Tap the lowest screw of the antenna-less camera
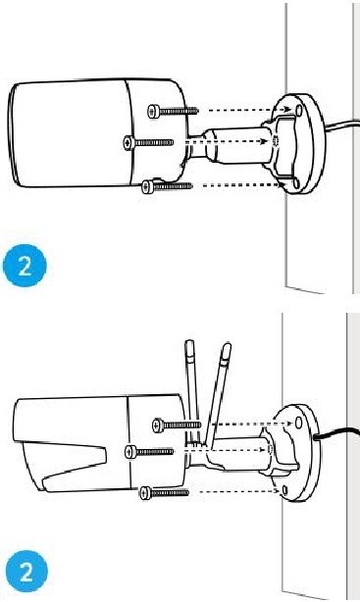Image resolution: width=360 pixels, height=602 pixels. pyautogui.click(x=161, y=183)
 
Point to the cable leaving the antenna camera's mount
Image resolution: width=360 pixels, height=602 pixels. pyautogui.click(x=337, y=434)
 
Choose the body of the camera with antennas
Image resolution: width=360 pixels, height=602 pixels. pyautogui.click(x=78, y=441)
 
